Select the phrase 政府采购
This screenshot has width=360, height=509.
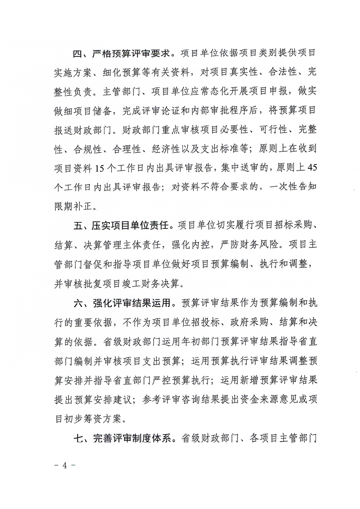(x=229, y=321)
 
